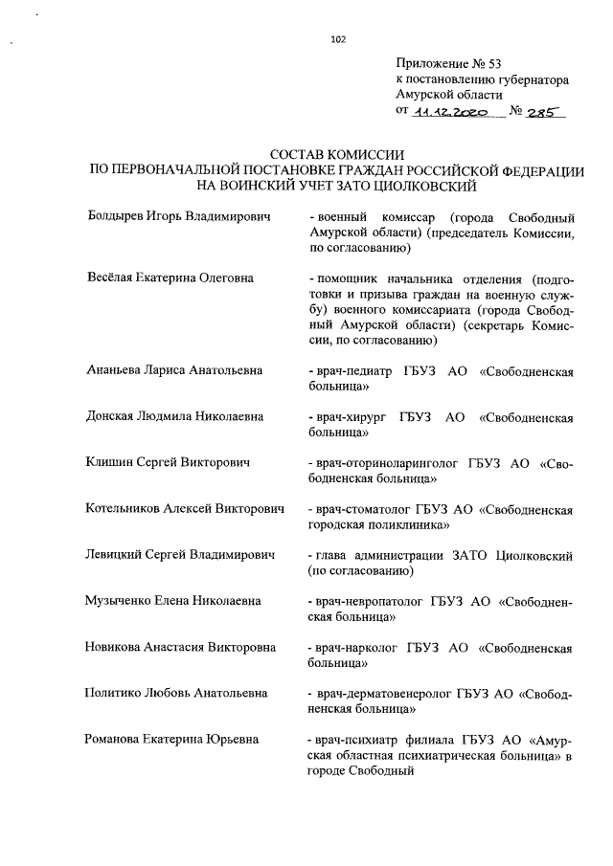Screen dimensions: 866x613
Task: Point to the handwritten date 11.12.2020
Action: pyautogui.click(x=449, y=112)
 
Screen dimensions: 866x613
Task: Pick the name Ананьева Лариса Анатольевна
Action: pyautogui.click(x=174, y=370)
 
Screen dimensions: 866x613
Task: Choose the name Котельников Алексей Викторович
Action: pyautogui.click(x=184, y=510)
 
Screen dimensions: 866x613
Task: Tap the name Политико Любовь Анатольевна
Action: pyautogui.click(x=175, y=694)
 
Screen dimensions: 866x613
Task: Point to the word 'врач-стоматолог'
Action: pyautogui.click(x=356, y=510)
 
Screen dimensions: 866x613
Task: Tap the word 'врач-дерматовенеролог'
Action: pyautogui.click(x=376, y=694)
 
